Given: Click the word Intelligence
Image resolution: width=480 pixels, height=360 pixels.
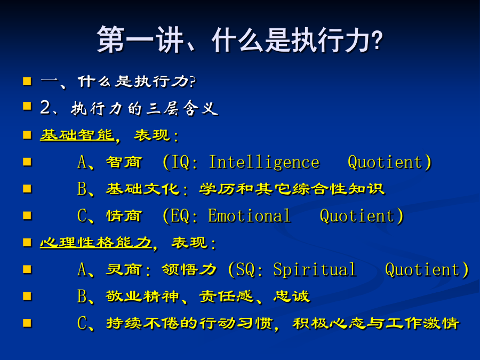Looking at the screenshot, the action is (x=264, y=162).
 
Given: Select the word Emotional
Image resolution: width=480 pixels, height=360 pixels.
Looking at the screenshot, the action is (x=249, y=215).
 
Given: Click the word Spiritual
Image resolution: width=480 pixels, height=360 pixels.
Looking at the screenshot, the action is (x=315, y=270).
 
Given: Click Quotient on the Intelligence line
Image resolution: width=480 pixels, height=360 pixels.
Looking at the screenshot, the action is (x=385, y=162).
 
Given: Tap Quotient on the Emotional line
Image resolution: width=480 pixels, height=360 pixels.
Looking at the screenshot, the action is (x=357, y=216).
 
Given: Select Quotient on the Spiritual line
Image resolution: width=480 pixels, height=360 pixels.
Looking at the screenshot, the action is (x=422, y=270).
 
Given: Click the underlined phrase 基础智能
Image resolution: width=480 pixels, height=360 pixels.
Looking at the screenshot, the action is (x=77, y=135).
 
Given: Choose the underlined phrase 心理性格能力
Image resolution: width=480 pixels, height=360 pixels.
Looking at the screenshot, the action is (x=96, y=243).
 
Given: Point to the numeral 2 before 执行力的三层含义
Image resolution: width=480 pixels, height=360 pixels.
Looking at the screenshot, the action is (x=45, y=107).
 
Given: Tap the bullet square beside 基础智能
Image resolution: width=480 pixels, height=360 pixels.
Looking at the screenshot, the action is (x=27, y=135).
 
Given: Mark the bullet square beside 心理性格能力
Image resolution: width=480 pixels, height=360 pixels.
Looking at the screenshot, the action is (x=27, y=243).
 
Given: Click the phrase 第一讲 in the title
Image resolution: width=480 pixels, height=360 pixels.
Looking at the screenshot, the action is (x=140, y=40).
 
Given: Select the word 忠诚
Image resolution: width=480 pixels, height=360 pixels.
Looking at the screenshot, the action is (x=291, y=297).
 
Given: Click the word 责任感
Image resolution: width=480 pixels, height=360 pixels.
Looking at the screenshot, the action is (x=226, y=297).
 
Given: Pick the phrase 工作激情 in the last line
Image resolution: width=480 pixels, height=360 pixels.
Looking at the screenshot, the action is (x=422, y=323).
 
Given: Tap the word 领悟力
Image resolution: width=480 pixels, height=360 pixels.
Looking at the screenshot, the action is (x=189, y=269).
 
